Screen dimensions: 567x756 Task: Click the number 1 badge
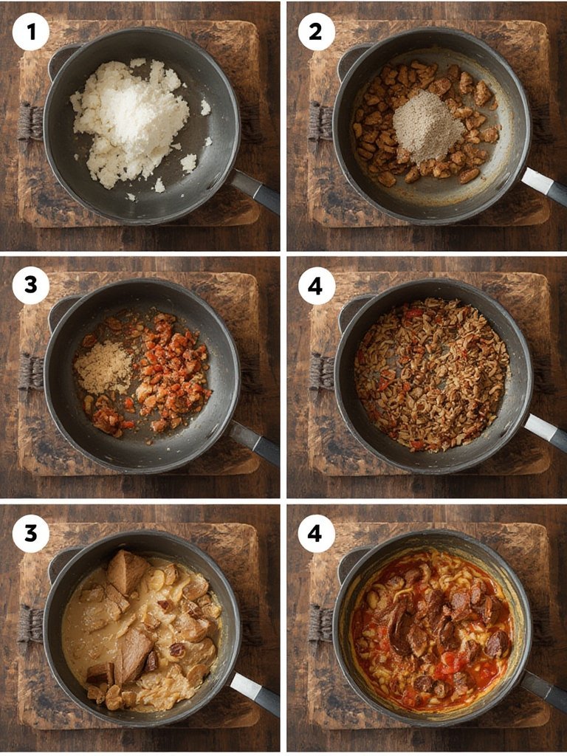click(31, 32)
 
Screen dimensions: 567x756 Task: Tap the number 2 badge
click(316, 32)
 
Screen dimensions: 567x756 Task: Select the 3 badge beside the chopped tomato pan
click(31, 286)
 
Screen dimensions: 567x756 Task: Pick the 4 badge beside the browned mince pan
click(316, 286)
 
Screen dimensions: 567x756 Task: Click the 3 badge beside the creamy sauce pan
click(31, 534)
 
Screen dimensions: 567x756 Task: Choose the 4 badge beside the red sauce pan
click(316, 534)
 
